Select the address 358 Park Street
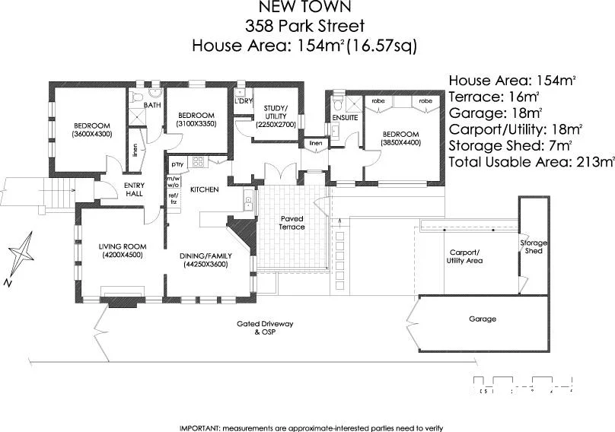click(x=304, y=27)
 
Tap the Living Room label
click(x=122, y=250)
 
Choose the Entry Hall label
click(x=135, y=189)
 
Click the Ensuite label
click(x=345, y=118)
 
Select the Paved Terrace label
click(x=292, y=222)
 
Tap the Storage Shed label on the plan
click(x=534, y=246)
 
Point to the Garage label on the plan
click(x=482, y=319)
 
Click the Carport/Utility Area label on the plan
click(x=465, y=256)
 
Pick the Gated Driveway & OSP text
click(x=265, y=328)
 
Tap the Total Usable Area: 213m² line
click(x=531, y=161)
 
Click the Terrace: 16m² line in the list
click(x=494, y=97)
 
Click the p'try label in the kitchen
click(x=177, y=164)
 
